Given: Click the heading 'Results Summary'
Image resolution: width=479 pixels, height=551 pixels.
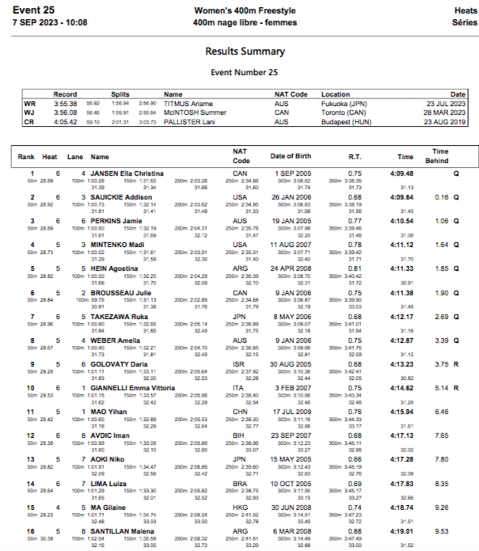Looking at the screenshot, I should [245, 51].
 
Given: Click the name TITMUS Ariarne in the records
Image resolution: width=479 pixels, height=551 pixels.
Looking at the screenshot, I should [188, 103].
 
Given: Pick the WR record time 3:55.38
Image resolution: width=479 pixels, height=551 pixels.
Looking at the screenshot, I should [65, 103].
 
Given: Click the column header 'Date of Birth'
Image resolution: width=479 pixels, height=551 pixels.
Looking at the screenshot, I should [293, 157].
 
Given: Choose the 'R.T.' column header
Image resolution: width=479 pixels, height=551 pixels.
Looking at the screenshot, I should [355, 157].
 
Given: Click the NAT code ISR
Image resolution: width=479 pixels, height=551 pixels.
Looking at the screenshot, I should [241, 364].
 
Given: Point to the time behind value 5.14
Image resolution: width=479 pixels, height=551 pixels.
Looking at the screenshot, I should [441, 388].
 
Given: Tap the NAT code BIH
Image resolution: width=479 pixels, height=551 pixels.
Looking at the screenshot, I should [241, 435].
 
